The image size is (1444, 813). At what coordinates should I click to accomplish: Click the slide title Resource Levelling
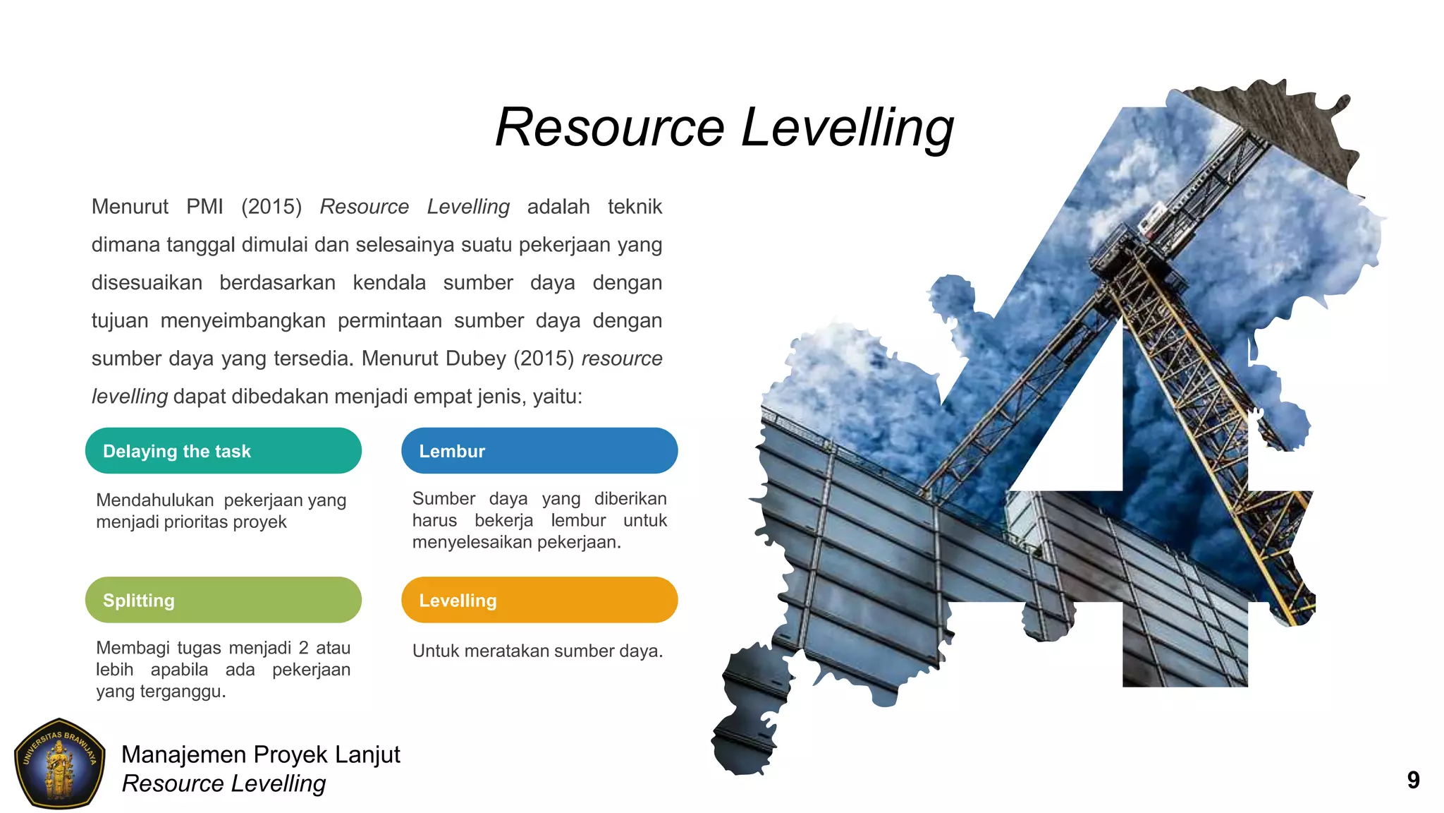[724, 128]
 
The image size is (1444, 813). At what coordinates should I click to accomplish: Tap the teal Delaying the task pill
[223, 451]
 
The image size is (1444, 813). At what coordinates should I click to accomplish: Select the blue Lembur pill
[539, 451]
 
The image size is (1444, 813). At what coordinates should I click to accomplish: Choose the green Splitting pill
[223, 600]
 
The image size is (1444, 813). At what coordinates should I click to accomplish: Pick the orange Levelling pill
[539, 600]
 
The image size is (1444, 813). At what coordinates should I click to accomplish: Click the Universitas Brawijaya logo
[60, 764]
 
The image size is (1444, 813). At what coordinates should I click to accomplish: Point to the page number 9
[1413, 780]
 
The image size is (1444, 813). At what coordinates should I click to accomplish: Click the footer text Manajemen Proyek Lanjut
[260, 754]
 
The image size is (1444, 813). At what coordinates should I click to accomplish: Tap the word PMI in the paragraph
[204, 207]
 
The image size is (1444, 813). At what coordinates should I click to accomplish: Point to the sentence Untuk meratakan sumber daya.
[537, 651]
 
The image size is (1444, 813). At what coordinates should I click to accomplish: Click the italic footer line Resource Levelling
[224, 783]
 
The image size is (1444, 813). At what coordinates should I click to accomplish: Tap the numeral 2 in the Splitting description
[303, 648]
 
